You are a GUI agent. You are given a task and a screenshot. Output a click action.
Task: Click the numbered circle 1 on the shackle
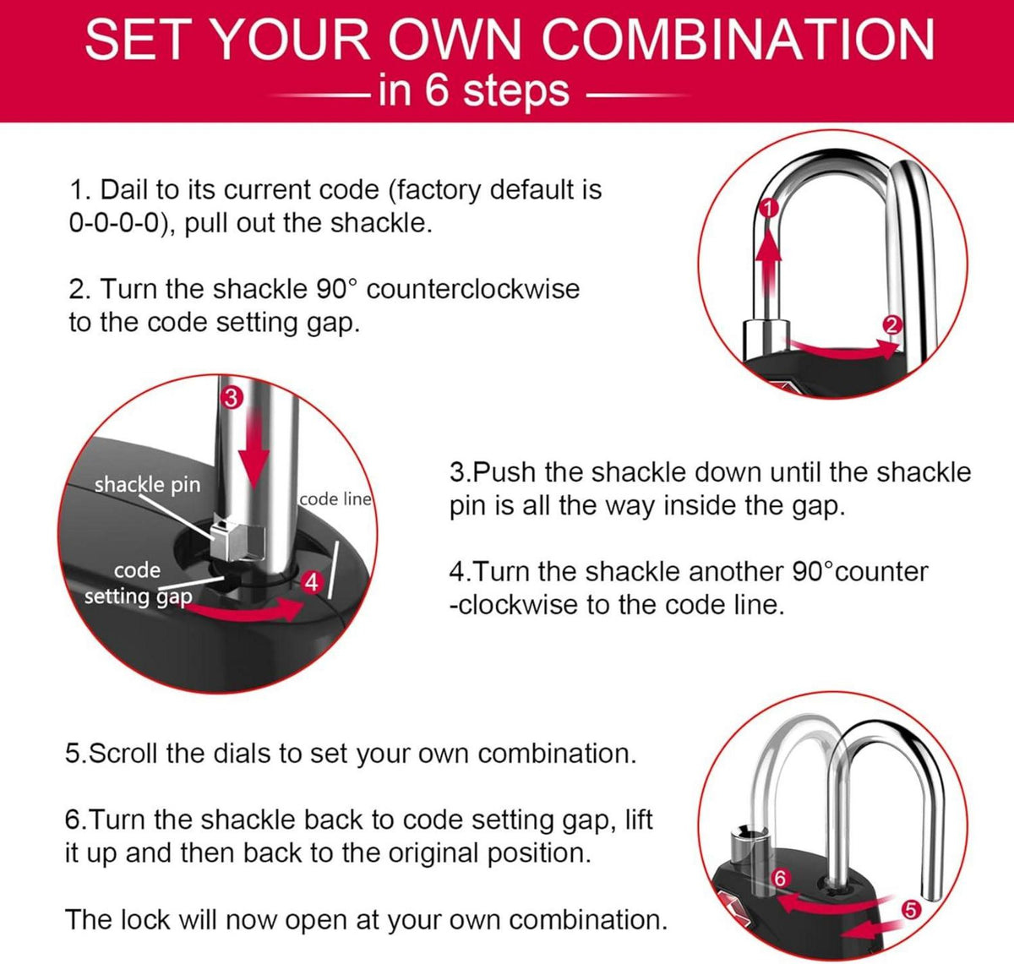pyautogui.click(x=768, y=209)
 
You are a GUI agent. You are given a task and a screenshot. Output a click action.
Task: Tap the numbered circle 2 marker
pyautogui.click(x=891, y=325)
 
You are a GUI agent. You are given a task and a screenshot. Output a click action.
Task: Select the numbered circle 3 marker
pyautogui.click(x=232, y=398)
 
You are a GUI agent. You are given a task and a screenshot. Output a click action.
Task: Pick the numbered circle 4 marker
pyautogui.click(x=312, y=582)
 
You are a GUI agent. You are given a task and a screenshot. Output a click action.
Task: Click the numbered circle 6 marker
pyautogui.click(x=780, y=878)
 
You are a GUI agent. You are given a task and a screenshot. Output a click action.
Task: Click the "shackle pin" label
pyautogui.click(x=147, y=485)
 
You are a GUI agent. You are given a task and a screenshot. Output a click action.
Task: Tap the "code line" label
pyautogui.click(x=335, y=498)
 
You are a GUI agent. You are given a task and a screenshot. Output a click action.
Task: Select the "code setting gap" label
pyautogui.click(x=139, y=583)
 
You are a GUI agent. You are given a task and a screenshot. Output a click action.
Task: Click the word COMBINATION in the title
pyautogui.click(x=738, y=39)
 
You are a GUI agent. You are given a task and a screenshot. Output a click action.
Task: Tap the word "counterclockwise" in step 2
pyautogui.click(x=473, y=288)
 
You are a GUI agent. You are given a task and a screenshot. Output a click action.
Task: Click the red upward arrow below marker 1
pyautogui.click(x=768, y=263)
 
